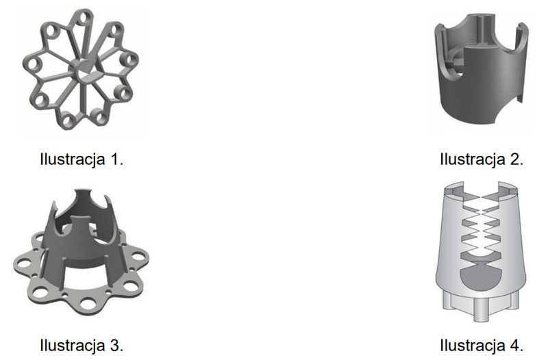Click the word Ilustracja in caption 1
pyautogui.click(x=73, y=159)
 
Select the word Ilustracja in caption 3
pyautogui.click(x=73, y=346)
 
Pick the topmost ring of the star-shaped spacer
pyautogui.click(x=84, y=18)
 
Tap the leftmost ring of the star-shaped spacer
pyautogui.click(x=33, y=64)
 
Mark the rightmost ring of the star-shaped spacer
pyautogui.click(x=129, y=60)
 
